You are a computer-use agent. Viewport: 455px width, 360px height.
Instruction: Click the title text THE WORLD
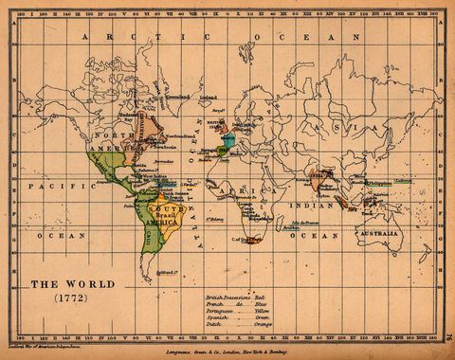72,283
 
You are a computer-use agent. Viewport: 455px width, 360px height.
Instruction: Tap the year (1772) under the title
72,298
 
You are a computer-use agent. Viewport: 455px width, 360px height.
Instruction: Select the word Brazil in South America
167,216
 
